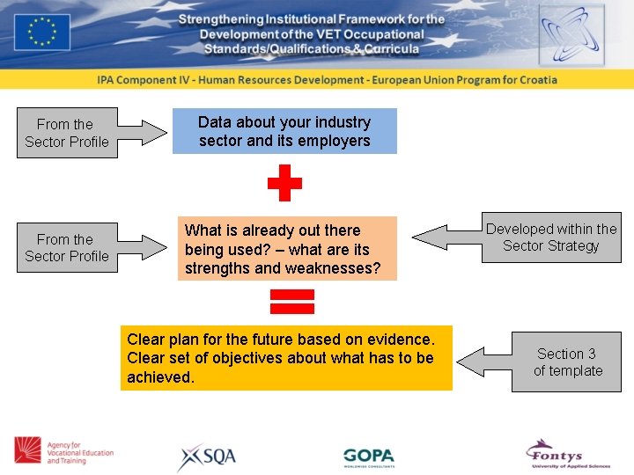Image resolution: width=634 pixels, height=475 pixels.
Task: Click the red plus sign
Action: click(284, 184)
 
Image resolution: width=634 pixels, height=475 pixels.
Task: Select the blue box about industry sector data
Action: click(284, 131)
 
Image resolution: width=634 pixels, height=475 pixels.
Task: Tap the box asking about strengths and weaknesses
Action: click(287, 249)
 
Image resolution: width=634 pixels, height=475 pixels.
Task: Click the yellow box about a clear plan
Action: click(286, 358)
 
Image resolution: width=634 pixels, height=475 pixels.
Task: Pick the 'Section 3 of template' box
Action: click(567, 362)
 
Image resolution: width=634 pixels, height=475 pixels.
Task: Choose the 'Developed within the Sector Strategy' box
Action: click(551, 237)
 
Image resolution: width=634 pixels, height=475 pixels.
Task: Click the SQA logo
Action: click(206, 457)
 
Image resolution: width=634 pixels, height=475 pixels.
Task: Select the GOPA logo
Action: click(369, 457)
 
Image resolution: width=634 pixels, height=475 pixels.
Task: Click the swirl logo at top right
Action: click(571, 34)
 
